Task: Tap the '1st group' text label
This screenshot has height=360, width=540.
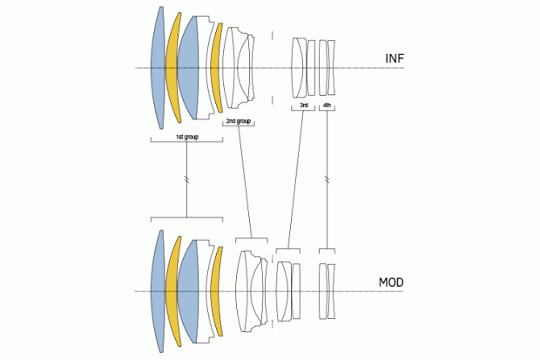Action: [186, 138]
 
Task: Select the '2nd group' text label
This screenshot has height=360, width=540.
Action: [238, 122]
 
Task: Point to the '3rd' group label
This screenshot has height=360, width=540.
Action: [303, 105]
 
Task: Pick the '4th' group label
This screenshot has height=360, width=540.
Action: [327, 105]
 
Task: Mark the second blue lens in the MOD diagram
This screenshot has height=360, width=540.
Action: [190, 290]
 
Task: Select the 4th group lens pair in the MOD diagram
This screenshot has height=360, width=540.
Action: [327, 290]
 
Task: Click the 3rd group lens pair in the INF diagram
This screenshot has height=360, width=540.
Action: [304, 66]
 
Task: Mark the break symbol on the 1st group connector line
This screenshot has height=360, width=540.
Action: [187, 180]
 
